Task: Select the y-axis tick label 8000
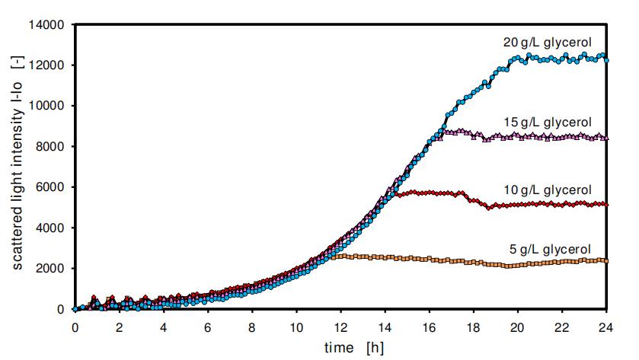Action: [50, 147]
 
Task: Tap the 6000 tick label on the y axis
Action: [50, 187]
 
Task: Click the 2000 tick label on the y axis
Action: [50, 269]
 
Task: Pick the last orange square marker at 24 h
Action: [606, 261]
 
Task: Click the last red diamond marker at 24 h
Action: [606, 204]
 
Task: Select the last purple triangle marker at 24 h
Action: [606, 138]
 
